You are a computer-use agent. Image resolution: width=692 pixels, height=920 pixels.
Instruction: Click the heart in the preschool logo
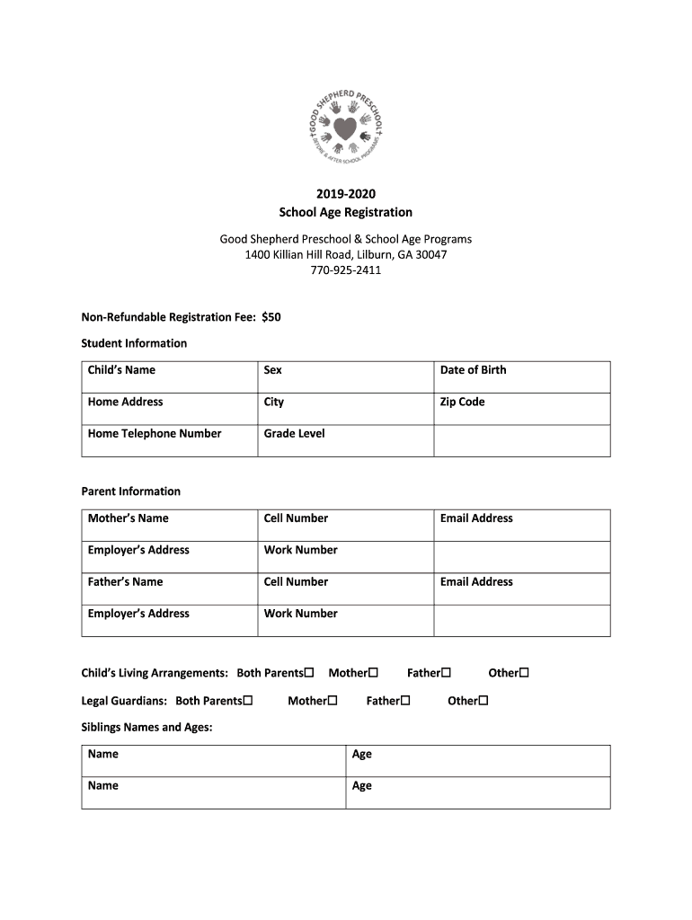click(x=345, y=128)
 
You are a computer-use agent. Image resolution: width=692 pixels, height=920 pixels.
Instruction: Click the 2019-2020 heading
click(x=345, y=193)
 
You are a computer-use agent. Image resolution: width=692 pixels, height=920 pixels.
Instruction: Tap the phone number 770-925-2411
click(x=345, y=270)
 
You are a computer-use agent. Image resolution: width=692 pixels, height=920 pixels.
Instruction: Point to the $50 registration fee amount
click(x=271, y=316)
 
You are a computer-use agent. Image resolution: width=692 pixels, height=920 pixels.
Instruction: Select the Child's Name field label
click(x=121, y=370)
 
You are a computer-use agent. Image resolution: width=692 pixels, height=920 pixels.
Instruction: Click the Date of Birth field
click(x=473, y=370)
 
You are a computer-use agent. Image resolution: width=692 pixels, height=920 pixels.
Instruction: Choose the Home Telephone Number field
click(x=155, y=434)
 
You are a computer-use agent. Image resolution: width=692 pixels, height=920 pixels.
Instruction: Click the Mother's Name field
click(x=128, y=518)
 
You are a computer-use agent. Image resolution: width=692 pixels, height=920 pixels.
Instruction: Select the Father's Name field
click(x=125, y=582)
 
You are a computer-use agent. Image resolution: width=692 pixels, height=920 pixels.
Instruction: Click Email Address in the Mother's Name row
click(x=476, y=518)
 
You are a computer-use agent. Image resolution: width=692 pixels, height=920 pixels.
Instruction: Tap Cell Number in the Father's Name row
click(x=296, y=582)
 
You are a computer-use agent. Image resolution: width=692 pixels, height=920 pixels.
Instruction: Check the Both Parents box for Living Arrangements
click(x=308, y=672)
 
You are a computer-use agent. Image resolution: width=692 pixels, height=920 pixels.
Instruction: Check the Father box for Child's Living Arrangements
click(x=445, y=672)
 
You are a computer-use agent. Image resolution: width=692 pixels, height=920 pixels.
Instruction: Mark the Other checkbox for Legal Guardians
click(x=483, y=700)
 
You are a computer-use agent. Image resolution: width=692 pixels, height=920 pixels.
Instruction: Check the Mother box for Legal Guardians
click(x=332, y=700)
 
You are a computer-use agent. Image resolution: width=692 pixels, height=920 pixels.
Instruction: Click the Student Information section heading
click(x=134, y=343)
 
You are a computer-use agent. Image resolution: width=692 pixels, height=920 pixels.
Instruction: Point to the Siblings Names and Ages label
click(x=146, y=728)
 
